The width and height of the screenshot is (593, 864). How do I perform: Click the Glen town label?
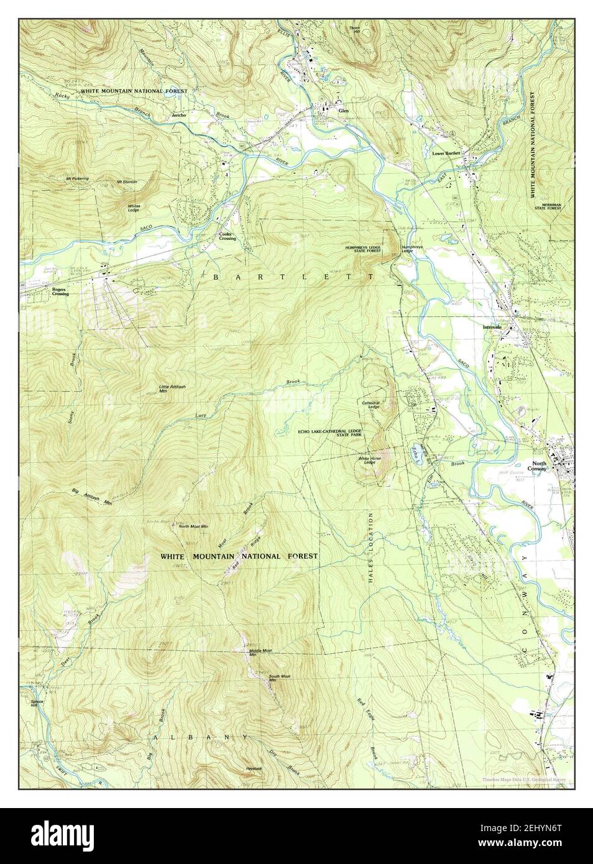(344, 111)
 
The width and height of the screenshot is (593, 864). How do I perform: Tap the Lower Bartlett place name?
(446, 153)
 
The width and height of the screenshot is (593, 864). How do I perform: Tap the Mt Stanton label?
(126, 182)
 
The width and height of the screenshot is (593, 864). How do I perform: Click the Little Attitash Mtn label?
(172, 389)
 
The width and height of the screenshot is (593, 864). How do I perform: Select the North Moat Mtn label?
(193, 526)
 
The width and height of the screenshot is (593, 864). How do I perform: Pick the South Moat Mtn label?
(279, 678)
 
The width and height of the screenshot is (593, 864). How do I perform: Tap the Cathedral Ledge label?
(371, 404)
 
